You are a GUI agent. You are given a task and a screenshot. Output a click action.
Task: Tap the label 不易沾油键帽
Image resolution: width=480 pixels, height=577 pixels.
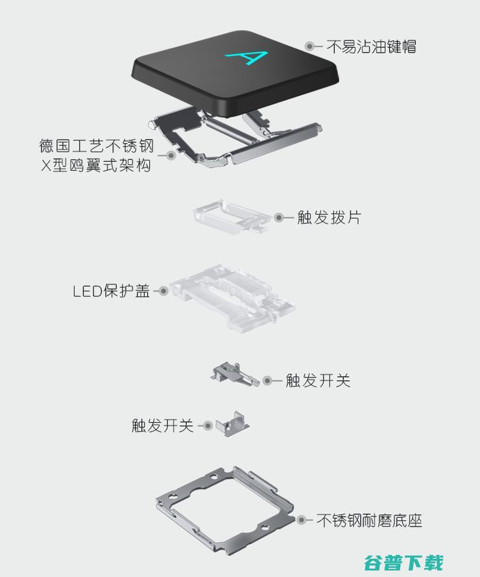(371, 47)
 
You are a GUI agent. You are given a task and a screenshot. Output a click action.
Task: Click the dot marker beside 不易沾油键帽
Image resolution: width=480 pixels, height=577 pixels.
(310, 46)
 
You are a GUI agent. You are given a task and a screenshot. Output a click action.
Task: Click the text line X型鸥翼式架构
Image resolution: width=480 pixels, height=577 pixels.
(96, 165)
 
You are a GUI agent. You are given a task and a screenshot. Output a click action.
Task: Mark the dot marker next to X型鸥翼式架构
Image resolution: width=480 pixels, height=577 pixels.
(171, 155)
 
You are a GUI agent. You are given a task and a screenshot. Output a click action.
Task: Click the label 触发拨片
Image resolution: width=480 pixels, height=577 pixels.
(329, 218)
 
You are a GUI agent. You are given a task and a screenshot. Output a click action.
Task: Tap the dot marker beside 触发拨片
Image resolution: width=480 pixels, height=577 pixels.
(279, 218)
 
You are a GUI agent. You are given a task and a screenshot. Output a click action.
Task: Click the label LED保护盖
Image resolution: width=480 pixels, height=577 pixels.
(112, 291)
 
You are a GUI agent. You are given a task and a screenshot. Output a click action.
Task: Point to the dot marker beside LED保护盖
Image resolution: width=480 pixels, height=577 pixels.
(163, 291)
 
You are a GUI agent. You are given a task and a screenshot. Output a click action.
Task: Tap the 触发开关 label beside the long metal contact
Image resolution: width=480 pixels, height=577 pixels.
(318, 381)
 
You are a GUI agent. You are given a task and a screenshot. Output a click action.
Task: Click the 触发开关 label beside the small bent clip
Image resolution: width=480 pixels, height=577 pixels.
(163, 426)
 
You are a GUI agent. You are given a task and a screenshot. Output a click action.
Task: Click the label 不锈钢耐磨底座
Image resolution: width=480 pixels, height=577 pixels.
(369, 520)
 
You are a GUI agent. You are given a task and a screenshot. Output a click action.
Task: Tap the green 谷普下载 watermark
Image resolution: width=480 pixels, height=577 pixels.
(403, 562)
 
